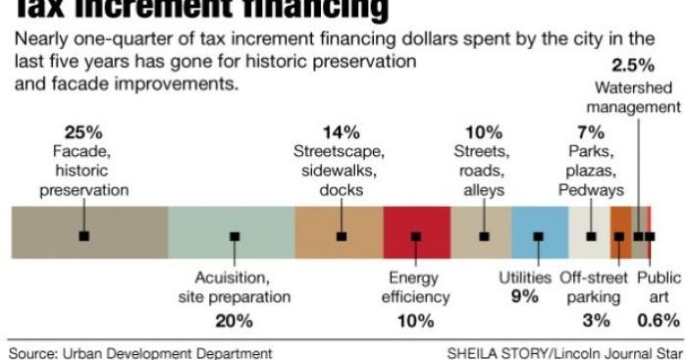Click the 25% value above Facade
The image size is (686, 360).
[x=83, y=132]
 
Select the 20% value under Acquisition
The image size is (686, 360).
[x=234, y=320]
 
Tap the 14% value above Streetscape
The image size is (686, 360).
[x=341, y=132]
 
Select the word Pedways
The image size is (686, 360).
[x=591, y=189]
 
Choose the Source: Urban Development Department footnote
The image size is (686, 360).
[x=138, y=350]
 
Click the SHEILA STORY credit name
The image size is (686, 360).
[x=492, y=350]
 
